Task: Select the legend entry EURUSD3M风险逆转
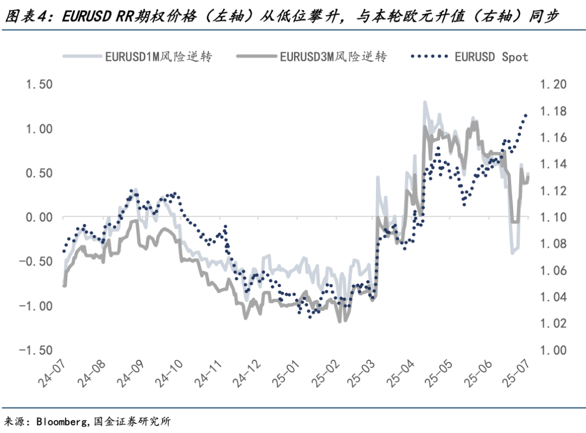pyautogui.click(x=333, y=56)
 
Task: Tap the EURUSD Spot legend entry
pyautogui.click(x=491, y=56)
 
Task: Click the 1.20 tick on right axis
pyautogui.click(x=552, y=85)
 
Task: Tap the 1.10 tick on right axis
pyautogui.click(x=552, y=218)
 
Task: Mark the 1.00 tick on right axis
pyautogui.click(x=552, y=351)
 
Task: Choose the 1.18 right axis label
pyautogui.click(x=552, y=111)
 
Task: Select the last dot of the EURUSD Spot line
pyautogui.click(x=525, y=115)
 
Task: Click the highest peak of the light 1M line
pyautogui.click(x=424, y=101)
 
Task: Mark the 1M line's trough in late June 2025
pyautogui.click(x=512, y=253)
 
